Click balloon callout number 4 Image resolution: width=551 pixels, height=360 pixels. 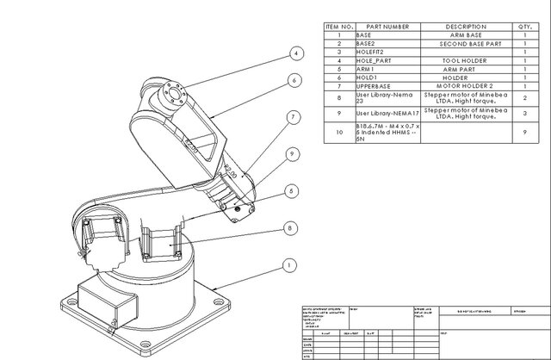295,53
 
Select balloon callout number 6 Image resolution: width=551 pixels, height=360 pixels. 294,80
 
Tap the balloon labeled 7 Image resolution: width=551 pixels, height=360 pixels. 293,116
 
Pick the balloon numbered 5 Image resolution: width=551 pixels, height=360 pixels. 293,190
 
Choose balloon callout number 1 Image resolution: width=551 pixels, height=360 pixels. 288,265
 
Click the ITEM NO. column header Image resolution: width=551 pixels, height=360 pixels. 338,27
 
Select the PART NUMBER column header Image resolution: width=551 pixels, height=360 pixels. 387,27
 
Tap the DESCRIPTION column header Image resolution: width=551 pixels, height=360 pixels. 467,27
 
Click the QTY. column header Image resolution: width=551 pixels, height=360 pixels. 525,27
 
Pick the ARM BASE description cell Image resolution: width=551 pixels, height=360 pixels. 467,35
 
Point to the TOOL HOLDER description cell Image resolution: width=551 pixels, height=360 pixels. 467,61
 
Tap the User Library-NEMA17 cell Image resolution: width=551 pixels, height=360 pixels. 387,113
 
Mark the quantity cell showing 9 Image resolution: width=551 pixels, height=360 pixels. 525,133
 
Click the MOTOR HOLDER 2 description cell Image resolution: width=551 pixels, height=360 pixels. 467,87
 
